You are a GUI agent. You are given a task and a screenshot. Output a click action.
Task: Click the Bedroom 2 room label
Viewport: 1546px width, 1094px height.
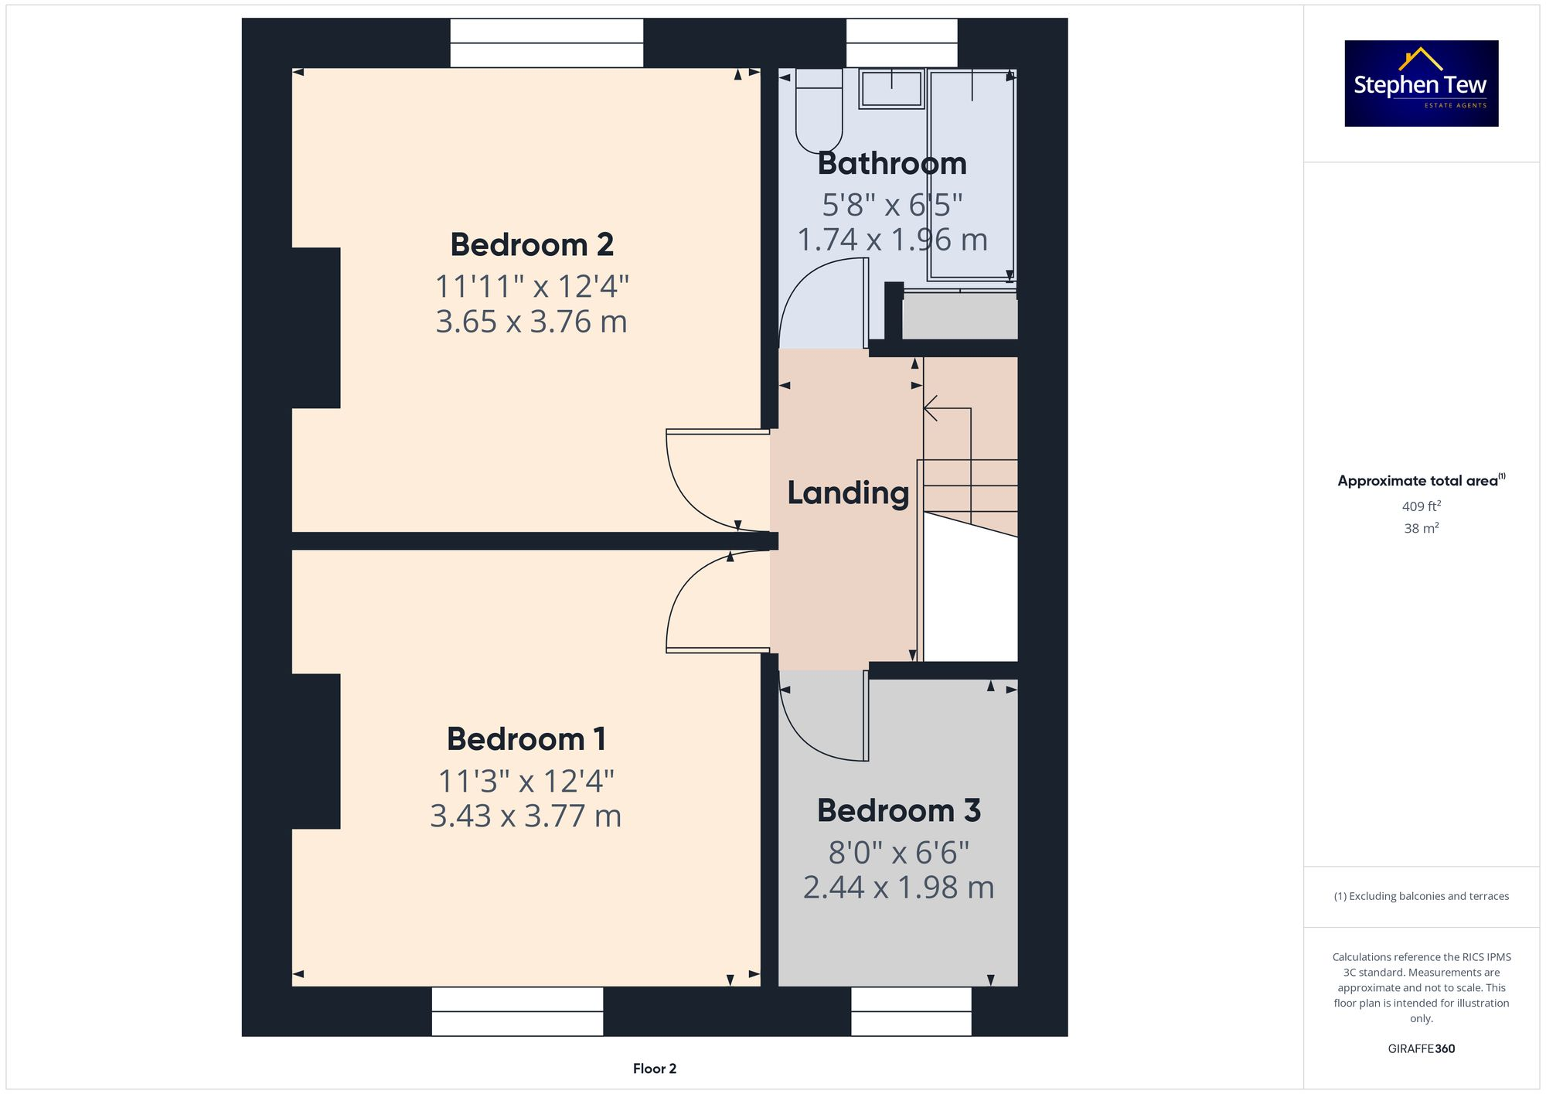(532, 245)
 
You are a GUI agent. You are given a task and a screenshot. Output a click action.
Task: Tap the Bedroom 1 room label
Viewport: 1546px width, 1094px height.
(526, 739)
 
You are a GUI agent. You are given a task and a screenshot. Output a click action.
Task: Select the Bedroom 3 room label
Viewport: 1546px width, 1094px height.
(898, 811)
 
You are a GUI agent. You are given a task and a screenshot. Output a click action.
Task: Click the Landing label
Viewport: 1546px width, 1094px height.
(848, 493)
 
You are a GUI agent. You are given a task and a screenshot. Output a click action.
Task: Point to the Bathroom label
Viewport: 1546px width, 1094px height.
(892, 164)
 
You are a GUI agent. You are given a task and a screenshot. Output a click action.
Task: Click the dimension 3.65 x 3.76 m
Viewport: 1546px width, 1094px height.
(531, 322)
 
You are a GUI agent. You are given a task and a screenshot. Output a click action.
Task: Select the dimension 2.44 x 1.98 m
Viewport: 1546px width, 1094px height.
(898, 888)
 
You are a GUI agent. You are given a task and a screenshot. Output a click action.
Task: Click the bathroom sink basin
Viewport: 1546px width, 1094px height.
(891, 88)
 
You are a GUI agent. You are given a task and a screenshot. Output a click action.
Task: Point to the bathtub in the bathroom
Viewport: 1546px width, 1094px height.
(972, 174)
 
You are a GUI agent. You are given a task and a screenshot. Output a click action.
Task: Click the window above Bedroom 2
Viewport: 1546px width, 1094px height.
(547, 43)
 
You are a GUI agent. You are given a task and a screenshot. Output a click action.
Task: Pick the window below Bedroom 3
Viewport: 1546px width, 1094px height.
(911, 1011)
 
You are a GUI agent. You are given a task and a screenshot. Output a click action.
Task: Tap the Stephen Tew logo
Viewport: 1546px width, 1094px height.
(1421, 83)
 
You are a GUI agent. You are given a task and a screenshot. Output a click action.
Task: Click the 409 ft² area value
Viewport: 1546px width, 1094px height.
(1421, 506)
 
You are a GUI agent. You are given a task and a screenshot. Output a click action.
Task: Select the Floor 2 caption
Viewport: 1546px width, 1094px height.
(654, 1068)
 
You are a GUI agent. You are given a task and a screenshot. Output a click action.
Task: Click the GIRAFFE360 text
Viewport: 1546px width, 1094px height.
(1421, 1049)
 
